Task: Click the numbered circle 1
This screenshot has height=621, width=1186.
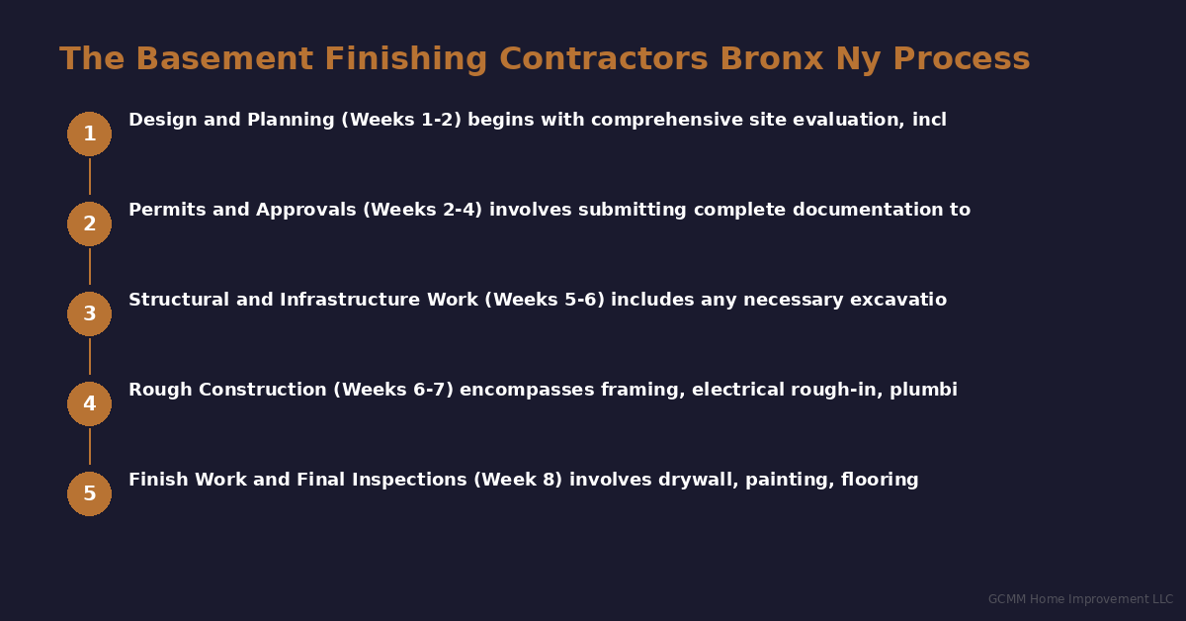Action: (89, 133)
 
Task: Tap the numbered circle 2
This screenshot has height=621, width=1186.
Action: (89, 223)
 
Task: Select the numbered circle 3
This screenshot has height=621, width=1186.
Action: (89, 313)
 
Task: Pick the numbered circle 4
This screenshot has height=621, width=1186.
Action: (89, 403)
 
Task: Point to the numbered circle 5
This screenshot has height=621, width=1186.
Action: (89, 493)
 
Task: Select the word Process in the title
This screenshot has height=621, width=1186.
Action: (962, 59)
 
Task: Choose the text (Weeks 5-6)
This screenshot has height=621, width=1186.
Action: (545, 301)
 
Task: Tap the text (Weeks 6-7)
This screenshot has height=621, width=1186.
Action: (393, 391)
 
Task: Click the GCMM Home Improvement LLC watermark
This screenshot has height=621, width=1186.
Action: (1080, 599)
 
